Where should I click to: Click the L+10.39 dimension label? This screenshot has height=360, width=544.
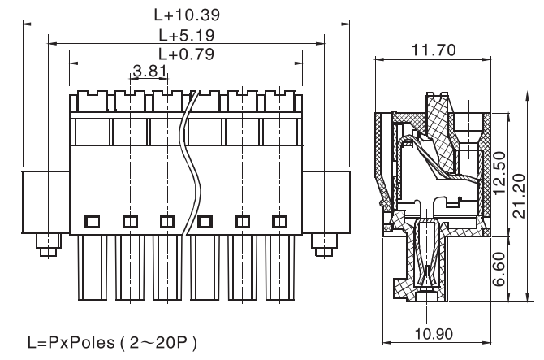point(186,14)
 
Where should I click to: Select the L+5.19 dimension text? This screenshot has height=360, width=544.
point(186,35)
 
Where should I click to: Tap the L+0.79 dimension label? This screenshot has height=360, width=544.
point(186,54)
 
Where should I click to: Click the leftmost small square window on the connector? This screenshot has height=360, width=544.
point(91,220)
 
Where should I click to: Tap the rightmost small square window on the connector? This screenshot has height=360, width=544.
point(279,220)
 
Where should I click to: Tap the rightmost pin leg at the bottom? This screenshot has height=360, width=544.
point(279,268)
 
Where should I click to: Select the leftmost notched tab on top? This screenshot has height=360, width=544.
point(91,102)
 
